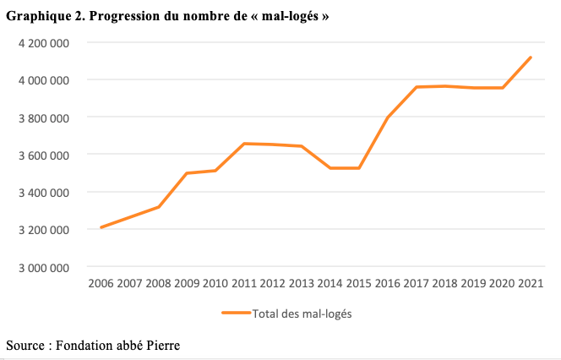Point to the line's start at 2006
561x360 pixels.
click(x=101, y=227)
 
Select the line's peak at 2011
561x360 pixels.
click(x=245, y=144)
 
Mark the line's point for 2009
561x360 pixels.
click(x=186, y=173)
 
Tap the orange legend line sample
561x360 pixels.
click(x=236, y=313)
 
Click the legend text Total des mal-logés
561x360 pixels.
click(x=302, y=314)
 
